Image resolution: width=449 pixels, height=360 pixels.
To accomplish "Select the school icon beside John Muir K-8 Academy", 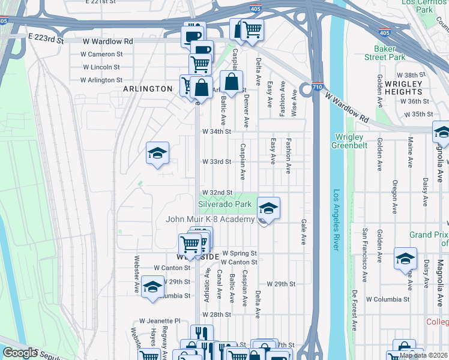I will point(268,208).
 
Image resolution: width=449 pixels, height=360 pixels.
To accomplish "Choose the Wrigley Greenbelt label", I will point(348,140).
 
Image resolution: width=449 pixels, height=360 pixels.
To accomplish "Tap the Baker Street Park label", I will point(384,53).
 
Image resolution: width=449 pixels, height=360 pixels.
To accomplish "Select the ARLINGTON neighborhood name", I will point(148,89).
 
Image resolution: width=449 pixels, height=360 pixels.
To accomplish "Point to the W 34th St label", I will point(217,131).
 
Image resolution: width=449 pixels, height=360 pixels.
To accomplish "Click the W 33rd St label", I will point(217,162).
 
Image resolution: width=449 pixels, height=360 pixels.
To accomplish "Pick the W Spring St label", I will point(240,254).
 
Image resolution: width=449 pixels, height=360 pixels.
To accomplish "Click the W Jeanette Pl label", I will point(160,321).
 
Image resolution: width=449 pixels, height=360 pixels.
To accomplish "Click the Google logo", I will point(19,353).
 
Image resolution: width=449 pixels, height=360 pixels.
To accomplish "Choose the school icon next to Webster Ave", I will point(152,287).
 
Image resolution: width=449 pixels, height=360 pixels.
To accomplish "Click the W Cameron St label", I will point(102,53).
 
